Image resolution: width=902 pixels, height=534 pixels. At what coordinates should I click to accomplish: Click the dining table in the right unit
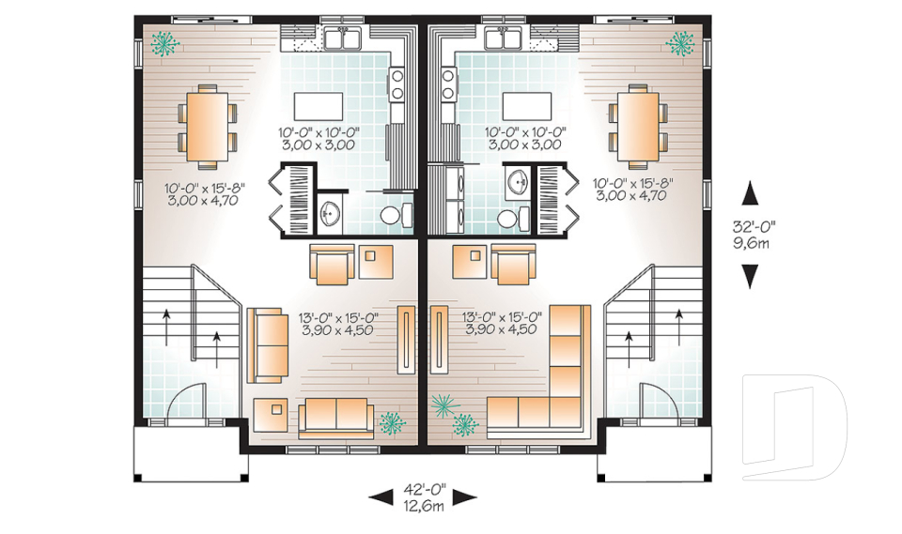pos(638,127)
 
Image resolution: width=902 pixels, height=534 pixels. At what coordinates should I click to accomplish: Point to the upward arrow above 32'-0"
pos(750,192)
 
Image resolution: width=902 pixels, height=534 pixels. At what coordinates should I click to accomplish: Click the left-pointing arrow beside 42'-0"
pos(381,497)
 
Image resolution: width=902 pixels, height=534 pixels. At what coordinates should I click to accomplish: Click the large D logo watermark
pos(793,427)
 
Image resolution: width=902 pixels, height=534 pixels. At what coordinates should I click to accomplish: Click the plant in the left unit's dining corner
pos(164,43)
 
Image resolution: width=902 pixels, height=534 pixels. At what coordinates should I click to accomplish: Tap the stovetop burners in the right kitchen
pos(449,84)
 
